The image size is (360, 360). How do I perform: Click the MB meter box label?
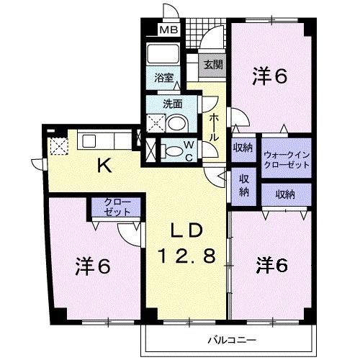click(x=168, y=30)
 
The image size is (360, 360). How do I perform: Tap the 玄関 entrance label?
click(x=213, y=64)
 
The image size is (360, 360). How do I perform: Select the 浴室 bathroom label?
click(x=164, y=78)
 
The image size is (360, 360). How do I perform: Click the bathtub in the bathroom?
click(x=163, y=54)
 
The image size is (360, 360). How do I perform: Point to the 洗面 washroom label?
click(x=172, y=104)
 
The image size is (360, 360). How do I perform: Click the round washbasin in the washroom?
click(x=177, y=123)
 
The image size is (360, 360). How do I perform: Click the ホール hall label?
click(x=214, y=127)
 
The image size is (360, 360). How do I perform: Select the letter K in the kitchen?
click(x=105, y=166)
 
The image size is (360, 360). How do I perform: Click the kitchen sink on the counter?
click(x=89, y=141)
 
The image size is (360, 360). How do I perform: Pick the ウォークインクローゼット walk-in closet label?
click(x=287, y=160)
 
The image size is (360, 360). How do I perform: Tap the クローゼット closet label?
click(x=117, y=207)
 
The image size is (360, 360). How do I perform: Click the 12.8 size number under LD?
click(x=186, y=256)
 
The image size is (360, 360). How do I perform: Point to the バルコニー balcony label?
click(x=232, y=340)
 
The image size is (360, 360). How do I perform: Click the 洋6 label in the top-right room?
click(x=269, y=76)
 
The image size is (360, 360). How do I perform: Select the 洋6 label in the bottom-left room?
click(x=93, y=266)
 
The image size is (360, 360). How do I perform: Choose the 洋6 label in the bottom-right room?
click(x=272, y=265)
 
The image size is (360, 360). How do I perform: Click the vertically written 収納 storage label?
click(x=243, y=186)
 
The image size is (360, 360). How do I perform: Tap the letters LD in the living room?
click(x=186, y=230)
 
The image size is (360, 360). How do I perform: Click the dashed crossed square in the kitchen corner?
click(x=59, y=146)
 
